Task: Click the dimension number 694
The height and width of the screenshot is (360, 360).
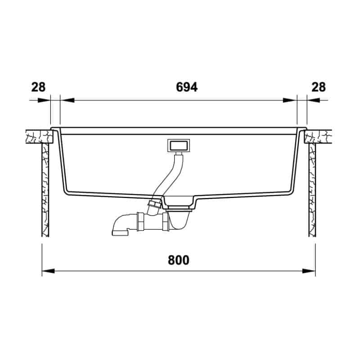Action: point(187,87)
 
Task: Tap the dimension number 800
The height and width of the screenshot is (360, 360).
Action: point(178,261)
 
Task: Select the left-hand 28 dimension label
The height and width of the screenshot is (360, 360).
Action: point(38,87)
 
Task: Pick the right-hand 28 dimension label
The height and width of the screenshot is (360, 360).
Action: point(319,87)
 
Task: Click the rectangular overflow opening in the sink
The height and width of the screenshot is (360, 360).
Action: point(179,145)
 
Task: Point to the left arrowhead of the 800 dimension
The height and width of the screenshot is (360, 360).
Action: point(48,271)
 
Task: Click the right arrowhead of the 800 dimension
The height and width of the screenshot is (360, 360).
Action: point(309,271)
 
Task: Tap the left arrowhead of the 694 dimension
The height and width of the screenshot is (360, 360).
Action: point(67,100)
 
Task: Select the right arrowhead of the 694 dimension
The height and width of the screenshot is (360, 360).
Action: point(290,100)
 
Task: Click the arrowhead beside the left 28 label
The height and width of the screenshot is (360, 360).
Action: point(44,100)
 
